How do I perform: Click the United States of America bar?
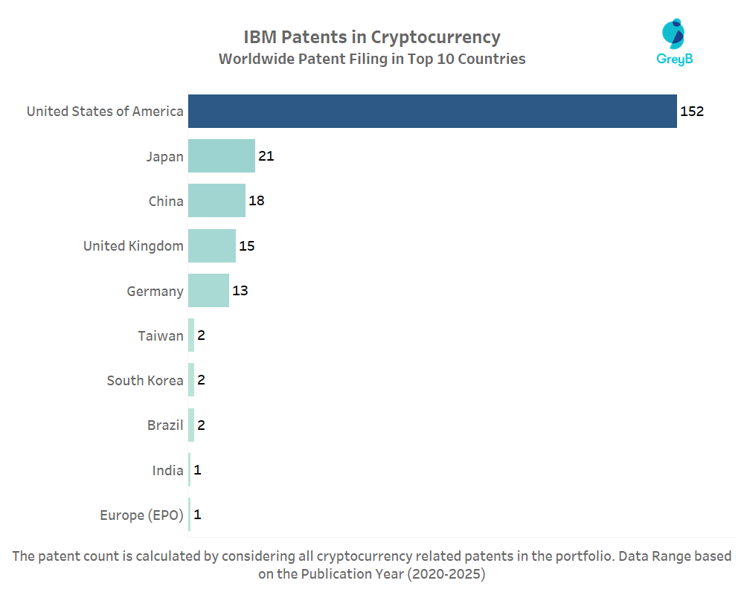(432, 112)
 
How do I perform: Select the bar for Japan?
(222, 156)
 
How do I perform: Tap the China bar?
(217, 201)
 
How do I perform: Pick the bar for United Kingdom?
(212, 245)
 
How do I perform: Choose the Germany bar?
(208, 291)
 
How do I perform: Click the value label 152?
(692, 112)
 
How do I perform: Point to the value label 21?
(266, 156)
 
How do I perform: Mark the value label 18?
(257, 201)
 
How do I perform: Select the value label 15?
(247, 245)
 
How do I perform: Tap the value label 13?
(240, 291)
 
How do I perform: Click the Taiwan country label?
(160, 335)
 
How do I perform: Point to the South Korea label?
(145, 380)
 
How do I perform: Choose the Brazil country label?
(165, 425)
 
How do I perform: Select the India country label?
(167, 470)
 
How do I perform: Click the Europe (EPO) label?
(141, 515)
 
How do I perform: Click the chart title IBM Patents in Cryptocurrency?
(372, 37)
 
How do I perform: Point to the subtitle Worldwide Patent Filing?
(372, 59)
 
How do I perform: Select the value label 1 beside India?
(198, 470)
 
